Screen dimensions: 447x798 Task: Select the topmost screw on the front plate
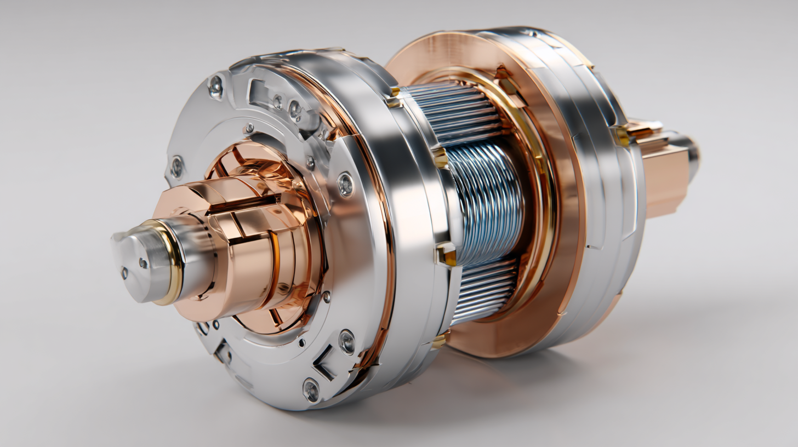point(215,85)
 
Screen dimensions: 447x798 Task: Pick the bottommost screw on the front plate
point(311,389)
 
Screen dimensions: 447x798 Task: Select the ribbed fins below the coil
point(485,290)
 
